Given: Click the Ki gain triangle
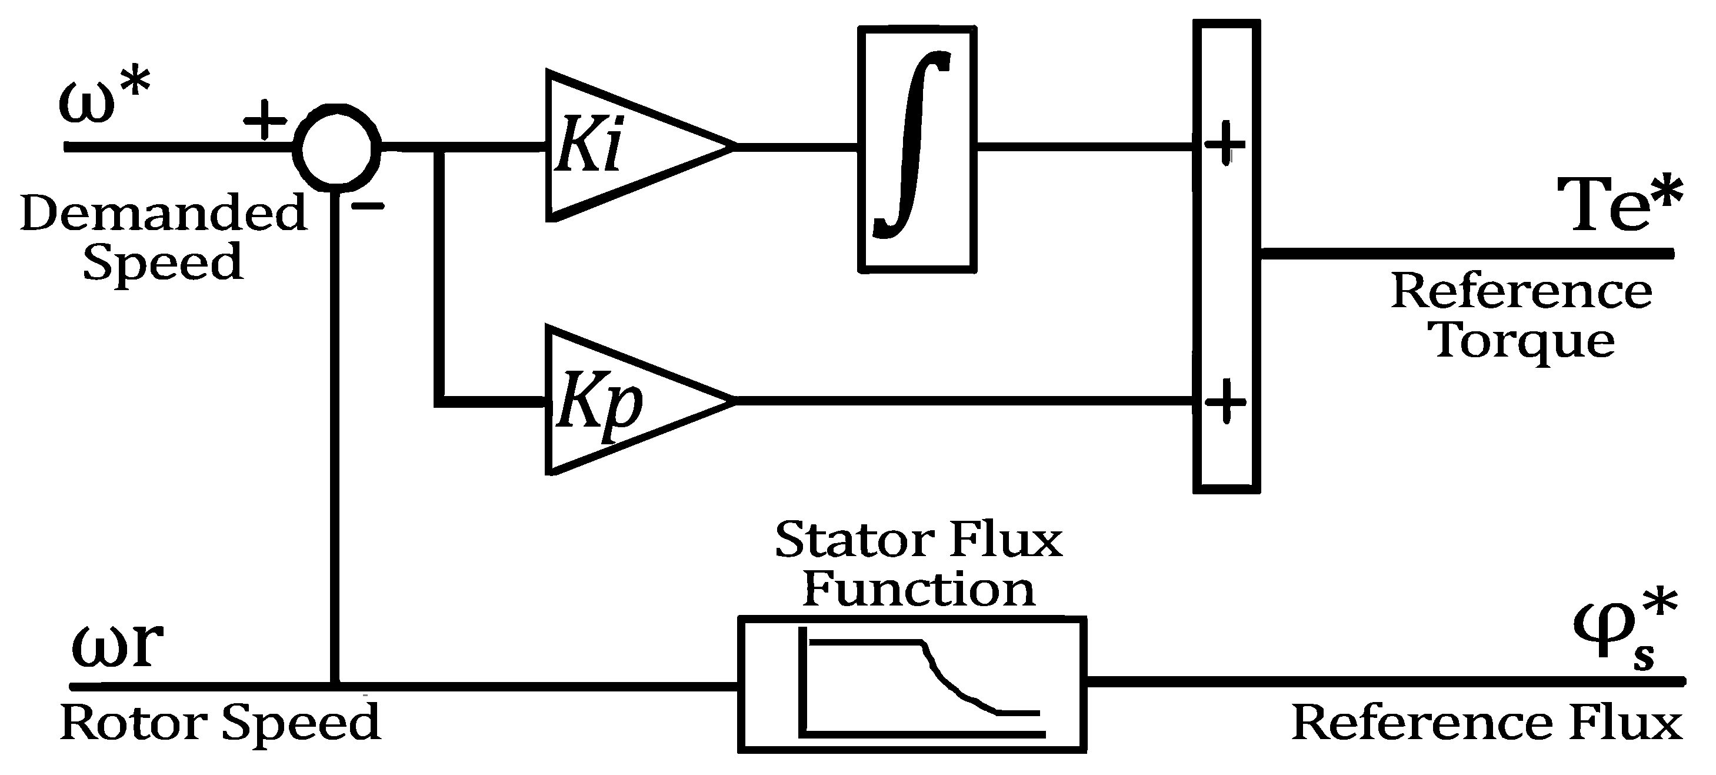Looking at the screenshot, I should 619,146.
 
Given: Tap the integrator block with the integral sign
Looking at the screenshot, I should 917,149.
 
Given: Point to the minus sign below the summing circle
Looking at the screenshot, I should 368,207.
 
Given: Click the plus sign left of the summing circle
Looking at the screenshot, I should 265,121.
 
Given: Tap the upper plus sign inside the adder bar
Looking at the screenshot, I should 1224,143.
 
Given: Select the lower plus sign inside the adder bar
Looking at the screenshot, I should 1224,401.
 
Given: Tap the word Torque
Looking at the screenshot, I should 1524,342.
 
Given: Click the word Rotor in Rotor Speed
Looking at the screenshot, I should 133,724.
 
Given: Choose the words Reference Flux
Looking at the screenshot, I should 1486,724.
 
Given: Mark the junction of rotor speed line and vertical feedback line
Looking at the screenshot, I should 336,686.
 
